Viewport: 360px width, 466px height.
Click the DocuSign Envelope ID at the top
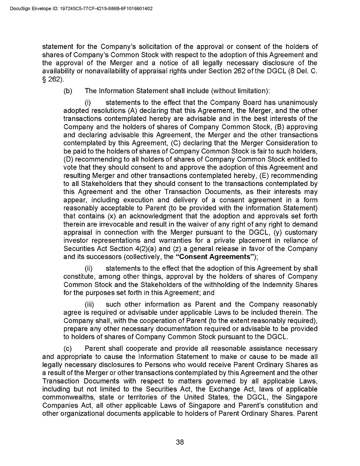coord(81,8)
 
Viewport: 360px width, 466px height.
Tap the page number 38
coord(180,442)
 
